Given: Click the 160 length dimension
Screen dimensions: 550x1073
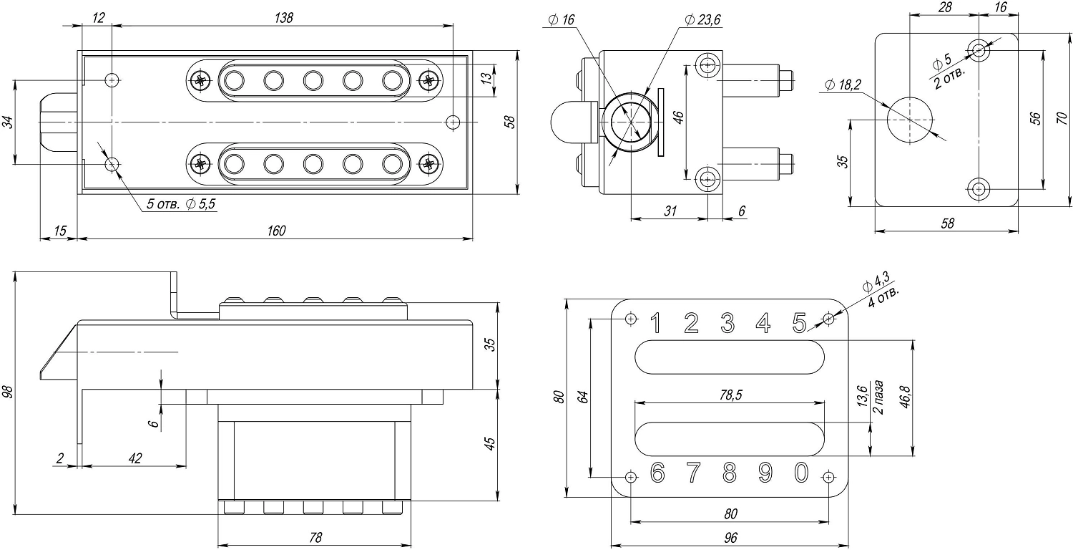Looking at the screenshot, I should [275, 231].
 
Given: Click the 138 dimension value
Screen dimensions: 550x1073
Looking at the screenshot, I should [283, 18].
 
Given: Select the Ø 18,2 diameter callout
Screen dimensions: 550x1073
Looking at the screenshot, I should [843, 85].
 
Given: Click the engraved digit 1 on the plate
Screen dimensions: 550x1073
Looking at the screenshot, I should [655, 324].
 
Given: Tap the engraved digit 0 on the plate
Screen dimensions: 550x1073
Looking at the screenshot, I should [801, 473].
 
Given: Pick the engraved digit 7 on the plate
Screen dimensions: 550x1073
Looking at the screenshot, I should [692, 473].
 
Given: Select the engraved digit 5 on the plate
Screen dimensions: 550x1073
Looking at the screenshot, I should [800, 324].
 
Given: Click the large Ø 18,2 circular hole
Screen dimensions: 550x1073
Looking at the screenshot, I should [910, 120].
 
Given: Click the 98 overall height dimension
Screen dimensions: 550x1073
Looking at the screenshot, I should [9, 392].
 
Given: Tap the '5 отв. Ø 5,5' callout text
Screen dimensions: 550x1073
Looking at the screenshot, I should [181, 205].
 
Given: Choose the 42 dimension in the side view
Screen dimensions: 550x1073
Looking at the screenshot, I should [133, 458].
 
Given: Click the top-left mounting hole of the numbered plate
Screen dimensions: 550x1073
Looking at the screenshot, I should [630, 318].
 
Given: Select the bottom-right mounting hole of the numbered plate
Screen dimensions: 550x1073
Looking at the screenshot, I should [828, 477].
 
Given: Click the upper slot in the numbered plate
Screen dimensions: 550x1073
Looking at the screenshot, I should [730, 357].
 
